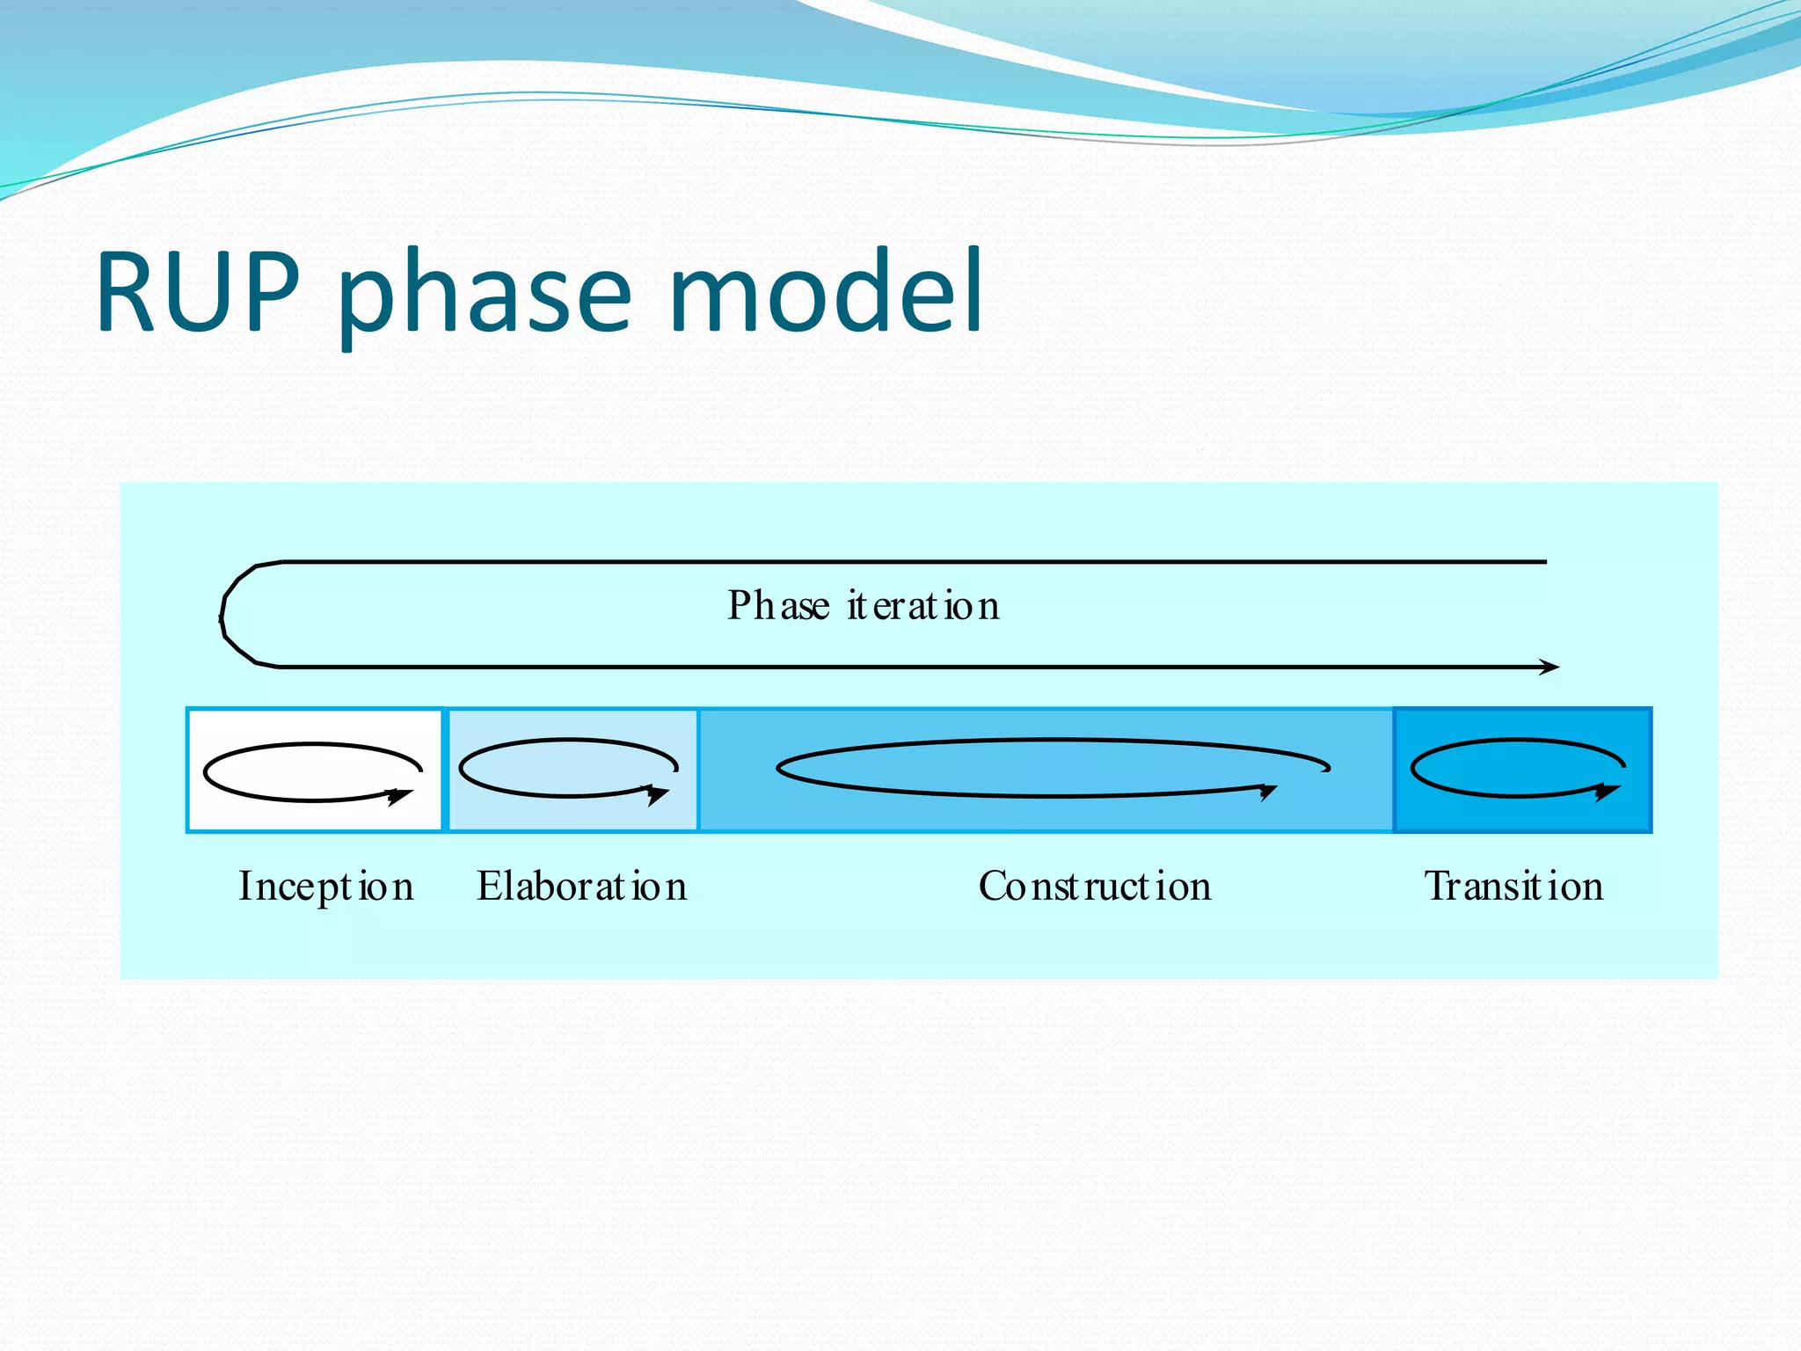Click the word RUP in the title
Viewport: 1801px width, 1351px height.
(198, 292)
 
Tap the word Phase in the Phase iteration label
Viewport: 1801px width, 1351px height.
(778, 605)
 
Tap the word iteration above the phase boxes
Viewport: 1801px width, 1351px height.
(923, 605)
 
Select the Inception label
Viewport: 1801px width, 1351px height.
(326, 886)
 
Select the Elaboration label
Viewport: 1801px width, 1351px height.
(581, 886)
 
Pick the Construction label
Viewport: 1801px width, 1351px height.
(1095, 886)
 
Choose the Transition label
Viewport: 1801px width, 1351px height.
(1513, 886)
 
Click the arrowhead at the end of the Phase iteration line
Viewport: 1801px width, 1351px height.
(1550, 668)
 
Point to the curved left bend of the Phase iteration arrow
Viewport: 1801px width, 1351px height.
(225, 616)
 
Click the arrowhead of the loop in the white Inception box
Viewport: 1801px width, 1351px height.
(401, 796)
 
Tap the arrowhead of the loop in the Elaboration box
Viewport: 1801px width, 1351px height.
(657, 794)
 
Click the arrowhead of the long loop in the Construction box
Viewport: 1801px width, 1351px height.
(1268, 792)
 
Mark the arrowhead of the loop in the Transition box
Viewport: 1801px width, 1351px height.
(1608, 792)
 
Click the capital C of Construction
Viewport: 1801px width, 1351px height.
(992, 886)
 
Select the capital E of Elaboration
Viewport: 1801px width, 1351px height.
(489, 885)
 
